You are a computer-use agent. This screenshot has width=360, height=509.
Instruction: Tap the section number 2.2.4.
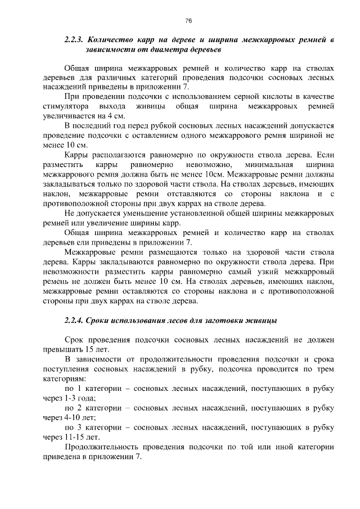click(x=74, y=321)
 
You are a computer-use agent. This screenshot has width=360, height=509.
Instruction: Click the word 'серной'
click(x=238, y=97)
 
